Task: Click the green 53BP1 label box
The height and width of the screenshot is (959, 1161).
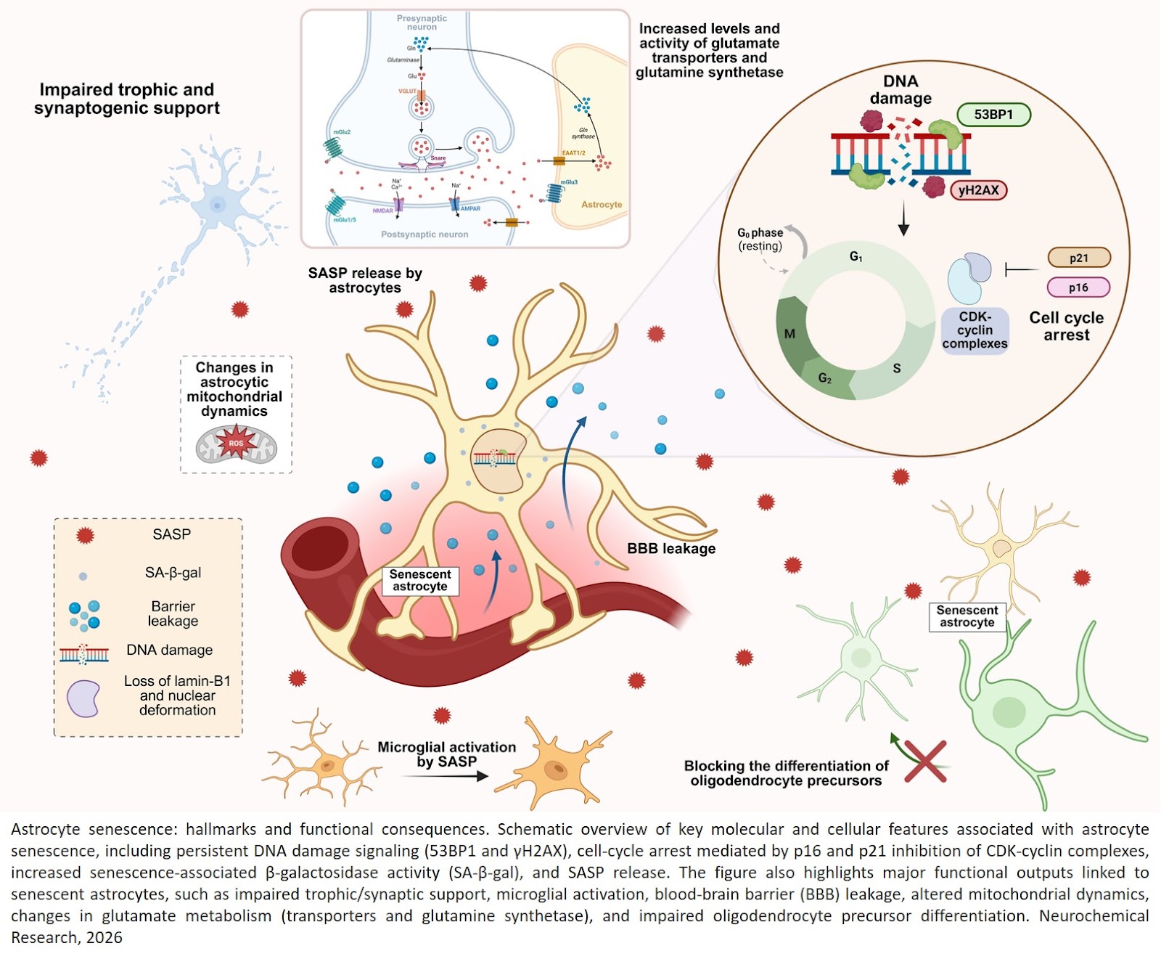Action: coord(993,115)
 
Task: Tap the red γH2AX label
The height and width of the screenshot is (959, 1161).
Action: coord(978,190)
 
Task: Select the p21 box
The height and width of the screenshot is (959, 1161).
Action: coord(1078,258)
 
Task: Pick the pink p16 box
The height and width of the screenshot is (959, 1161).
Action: coord(1078,287)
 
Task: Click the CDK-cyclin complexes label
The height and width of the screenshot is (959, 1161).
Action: coord(975,330)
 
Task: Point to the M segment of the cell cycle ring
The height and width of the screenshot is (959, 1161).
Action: coord(790,333)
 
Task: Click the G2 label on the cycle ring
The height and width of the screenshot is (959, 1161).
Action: coord(825,378)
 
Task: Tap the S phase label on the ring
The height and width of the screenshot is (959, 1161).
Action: coord(897,368)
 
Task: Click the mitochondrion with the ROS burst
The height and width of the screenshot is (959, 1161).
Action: coord(237,444)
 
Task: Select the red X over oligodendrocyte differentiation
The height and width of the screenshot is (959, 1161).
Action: coord(925,762)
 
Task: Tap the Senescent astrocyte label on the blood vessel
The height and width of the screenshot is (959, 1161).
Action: coord(420,581)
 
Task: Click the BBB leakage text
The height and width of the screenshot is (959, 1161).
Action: coord(671,549)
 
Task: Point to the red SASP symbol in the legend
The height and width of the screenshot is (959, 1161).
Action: coord(85,536)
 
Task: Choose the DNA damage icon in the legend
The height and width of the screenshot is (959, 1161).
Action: coord(84,654)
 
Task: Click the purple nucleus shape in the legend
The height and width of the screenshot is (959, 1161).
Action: coord(83,698)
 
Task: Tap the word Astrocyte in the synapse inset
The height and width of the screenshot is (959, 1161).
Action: coord(602,205)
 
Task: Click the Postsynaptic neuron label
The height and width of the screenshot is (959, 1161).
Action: coord(424,234)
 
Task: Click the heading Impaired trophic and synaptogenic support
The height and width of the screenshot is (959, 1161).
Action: coord(127,99)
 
